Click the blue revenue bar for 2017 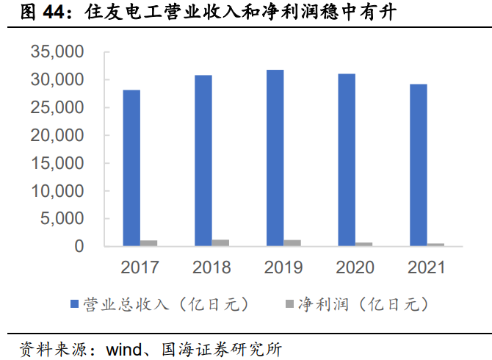pos(131,168)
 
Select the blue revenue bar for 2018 pos(203,161)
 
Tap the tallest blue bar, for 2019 pos(275,158)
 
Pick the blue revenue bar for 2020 pos(346,160)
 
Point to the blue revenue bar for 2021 pos(418,165)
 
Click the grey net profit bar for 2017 pos(149,243)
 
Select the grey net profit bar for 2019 pos(292,243)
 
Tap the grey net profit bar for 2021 pos(435,245)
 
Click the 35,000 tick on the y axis pos(58,52)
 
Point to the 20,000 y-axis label pos(58,135)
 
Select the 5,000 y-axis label pos(62,219)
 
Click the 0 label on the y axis pos(79,247)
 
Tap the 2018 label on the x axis pos(211,267)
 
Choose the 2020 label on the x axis pos(354,267)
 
